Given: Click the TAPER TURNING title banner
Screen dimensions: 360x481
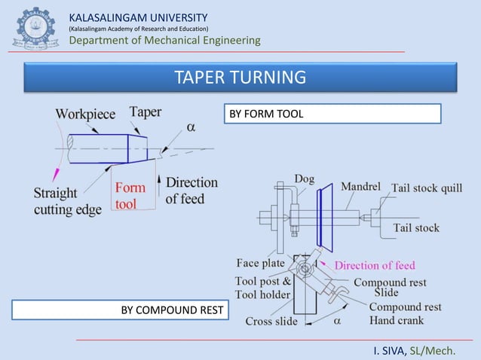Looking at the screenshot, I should click(240, 78).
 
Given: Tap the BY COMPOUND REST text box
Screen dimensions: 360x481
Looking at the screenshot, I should click(120, 310).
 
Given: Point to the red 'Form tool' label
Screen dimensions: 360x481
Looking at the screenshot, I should click(129, 196).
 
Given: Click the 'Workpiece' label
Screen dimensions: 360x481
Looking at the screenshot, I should click(85, 114).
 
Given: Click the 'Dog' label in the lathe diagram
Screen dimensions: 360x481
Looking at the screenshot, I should click(305, 179).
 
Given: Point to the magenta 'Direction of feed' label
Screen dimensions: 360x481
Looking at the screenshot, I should click(375, 265).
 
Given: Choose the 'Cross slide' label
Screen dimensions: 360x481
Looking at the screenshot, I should click(271, 321).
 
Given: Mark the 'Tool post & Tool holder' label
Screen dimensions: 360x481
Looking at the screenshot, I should click(263, 288).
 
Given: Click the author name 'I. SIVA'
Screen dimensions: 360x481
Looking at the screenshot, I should click(389, 350).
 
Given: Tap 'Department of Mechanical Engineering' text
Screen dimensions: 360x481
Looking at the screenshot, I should click(164, 40).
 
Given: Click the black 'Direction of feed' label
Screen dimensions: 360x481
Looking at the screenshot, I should click(191, 190).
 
